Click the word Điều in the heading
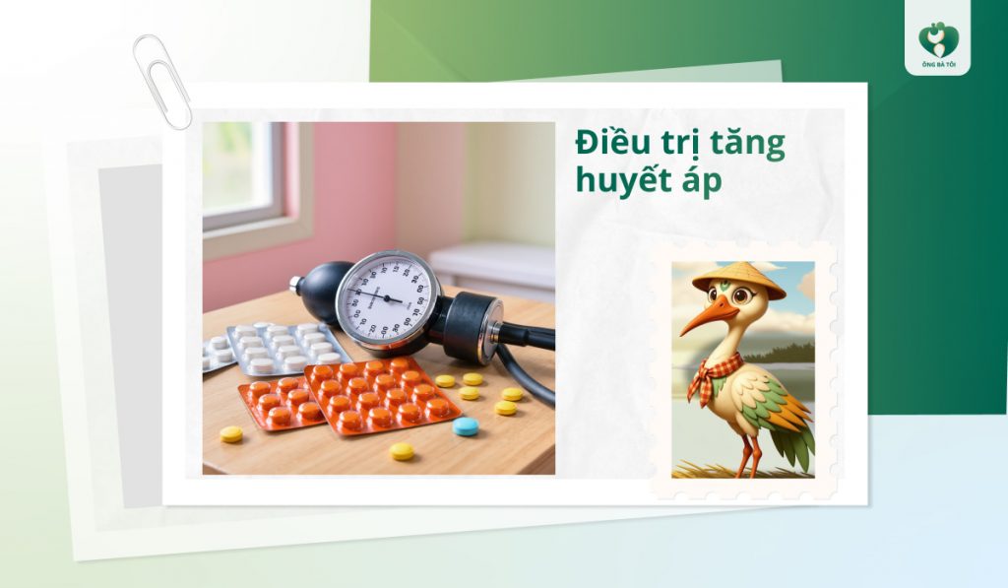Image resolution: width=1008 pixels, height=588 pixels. (613, 144)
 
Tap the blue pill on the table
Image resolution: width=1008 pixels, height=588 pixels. (466, 425)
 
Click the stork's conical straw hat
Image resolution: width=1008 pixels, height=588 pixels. (738, 279)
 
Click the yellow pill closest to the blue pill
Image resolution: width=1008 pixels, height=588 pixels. (505, 408)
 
